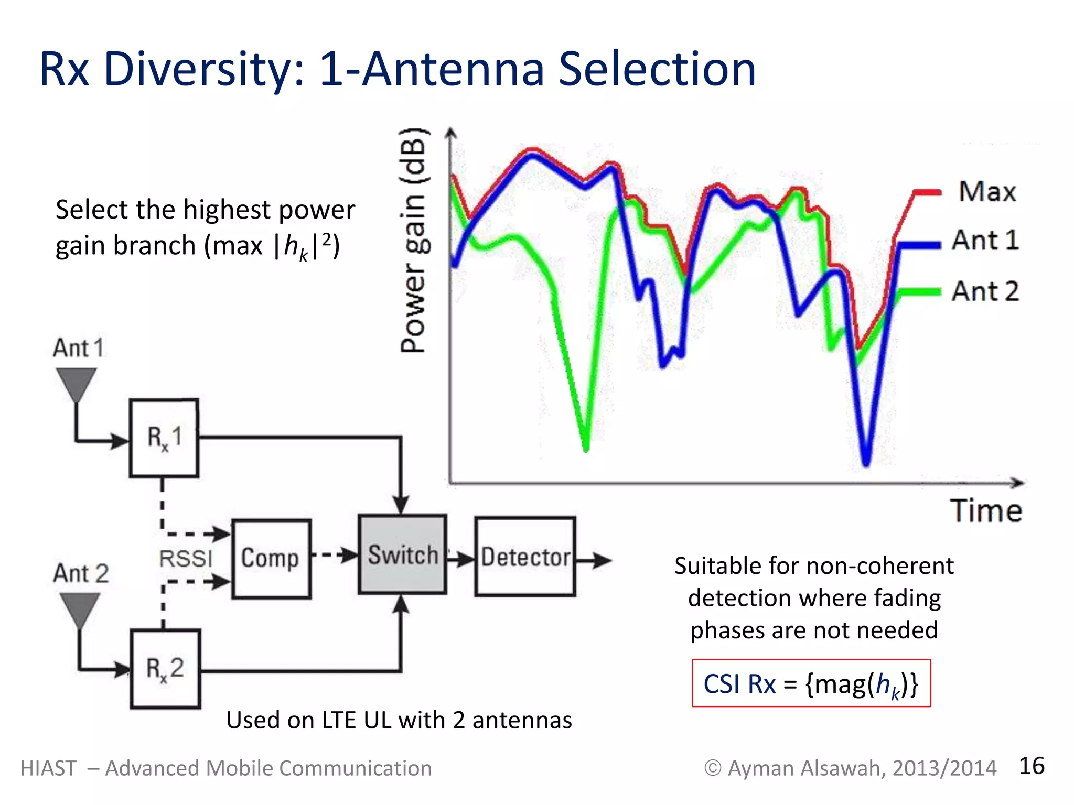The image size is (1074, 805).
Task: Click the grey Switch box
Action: pyautogui.click(x=402, y=554)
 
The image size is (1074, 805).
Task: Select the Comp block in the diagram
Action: pyautogui.click(x=271, y=559)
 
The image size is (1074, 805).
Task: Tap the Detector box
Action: pyautogui.click(x=525, y=557)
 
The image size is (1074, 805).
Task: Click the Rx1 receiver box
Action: pyautogui.click(x=164, y=438)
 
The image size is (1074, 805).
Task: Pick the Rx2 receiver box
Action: pyautogui.click(x=165, y=669)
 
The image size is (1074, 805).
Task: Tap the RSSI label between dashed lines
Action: pyautogui.click(x=186, y=559)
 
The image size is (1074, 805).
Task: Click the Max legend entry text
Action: pyautogui.click(x=987, y=192)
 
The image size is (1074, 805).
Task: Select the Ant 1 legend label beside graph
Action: pyautogui.click(x=985, y=241)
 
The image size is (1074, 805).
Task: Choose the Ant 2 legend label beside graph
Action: pyautogui.click(x=985, y=291)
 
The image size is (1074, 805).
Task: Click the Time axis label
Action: pyautogui.click(x=986, y=511)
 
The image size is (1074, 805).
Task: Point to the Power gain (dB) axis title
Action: pyautogui.click(x=414, y=241)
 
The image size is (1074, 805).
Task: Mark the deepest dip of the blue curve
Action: pyautogui.click(x=866, y=462)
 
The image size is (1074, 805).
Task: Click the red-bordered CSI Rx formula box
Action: pyautogui.click(x=811, y=683)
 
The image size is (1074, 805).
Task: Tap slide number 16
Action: pyautogui.click(x=1031, y=766)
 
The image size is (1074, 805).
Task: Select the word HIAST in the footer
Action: pyautogui.click(x=48, y=768)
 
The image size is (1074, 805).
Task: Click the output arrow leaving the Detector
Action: pyautogui.click(x=595, y=560)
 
